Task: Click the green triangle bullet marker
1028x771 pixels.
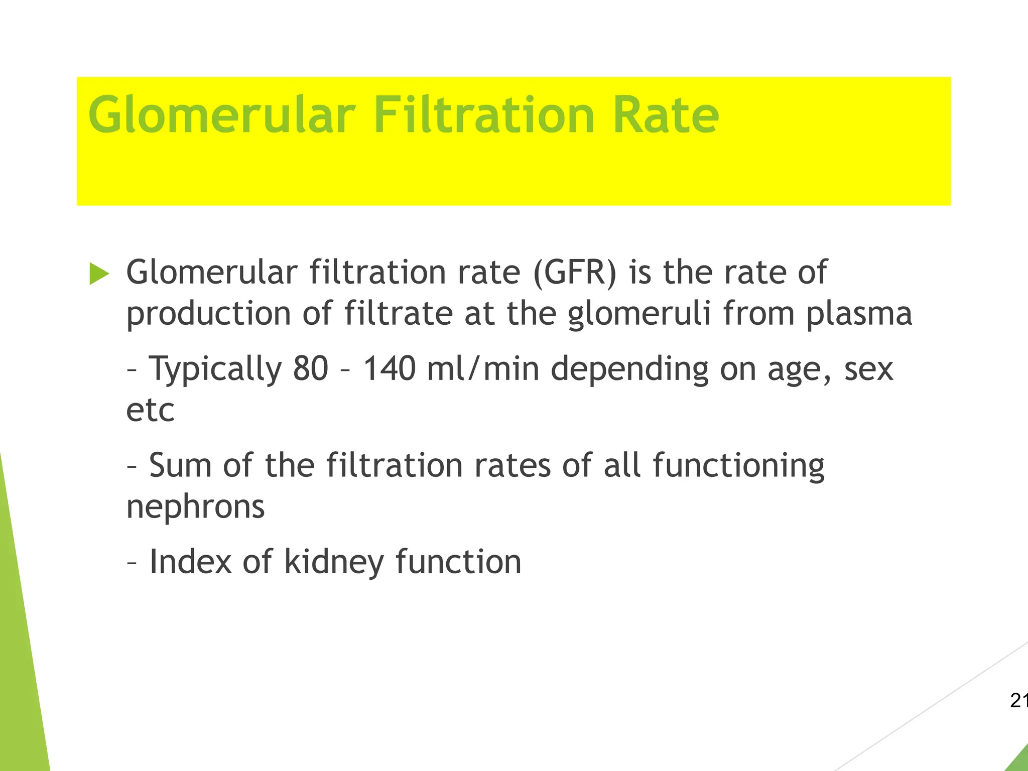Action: coord(99,274)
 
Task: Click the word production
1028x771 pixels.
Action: coord(208,315)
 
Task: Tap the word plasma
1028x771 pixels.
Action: coord(859,315)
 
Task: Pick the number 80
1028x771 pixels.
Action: coord(311,369)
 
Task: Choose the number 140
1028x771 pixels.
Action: coord(390,369)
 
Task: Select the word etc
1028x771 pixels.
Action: coord(150,411)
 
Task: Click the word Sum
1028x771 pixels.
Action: coord(180,466)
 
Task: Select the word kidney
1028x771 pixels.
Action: coord(334,562)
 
